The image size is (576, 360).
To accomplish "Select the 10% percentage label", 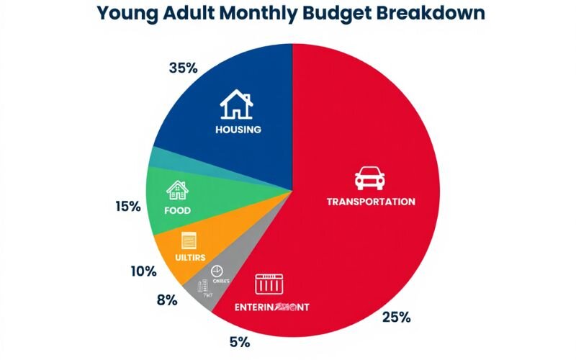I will click(144, 271).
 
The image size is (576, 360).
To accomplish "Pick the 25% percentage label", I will click(396, 318).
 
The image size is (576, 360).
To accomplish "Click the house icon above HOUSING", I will click(236, 105).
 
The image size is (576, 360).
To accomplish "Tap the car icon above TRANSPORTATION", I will click(370, 178).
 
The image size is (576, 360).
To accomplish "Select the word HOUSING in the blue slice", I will click(238, 130).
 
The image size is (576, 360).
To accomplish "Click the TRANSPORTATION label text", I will click(370, 202).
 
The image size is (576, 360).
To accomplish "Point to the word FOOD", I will click(177, 211).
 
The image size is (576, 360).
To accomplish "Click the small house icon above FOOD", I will click(176, 190).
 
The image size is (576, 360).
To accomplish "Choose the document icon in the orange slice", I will click(190, 240).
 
